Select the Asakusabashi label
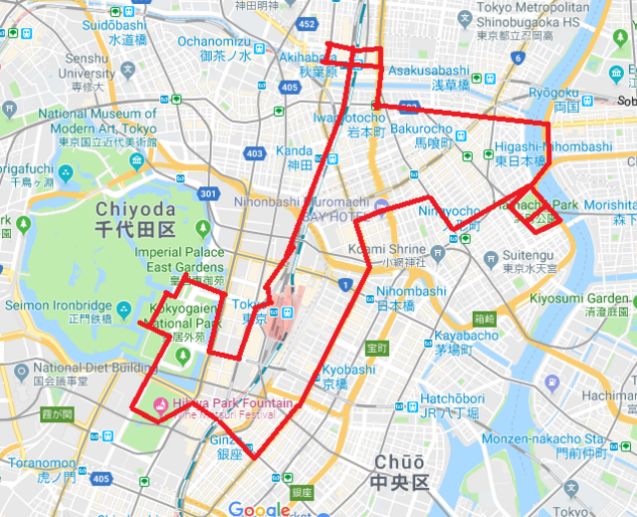point(428,78)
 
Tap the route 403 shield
point(256,153)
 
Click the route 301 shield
point(207,193)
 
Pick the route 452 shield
point(307,24)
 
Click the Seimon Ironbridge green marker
point(124,305)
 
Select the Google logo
point(264,508)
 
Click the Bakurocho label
point(421,135)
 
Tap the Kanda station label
point(296,157)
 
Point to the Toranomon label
point(36,470)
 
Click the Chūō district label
point(400,470)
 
